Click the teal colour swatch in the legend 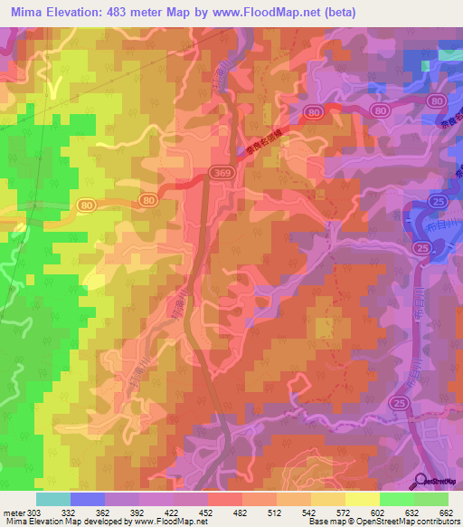point(53,499)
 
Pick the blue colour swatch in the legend point(88,499)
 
